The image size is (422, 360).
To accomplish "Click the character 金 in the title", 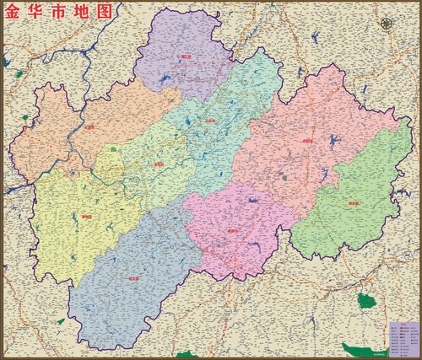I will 14,13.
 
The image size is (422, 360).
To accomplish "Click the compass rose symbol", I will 387,24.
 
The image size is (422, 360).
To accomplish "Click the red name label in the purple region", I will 186,57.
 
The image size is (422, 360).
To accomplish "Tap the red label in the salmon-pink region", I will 306,141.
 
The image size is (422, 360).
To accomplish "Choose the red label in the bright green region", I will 353,203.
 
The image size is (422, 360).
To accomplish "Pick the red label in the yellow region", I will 86,215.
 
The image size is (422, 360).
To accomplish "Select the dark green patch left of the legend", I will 365,300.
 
